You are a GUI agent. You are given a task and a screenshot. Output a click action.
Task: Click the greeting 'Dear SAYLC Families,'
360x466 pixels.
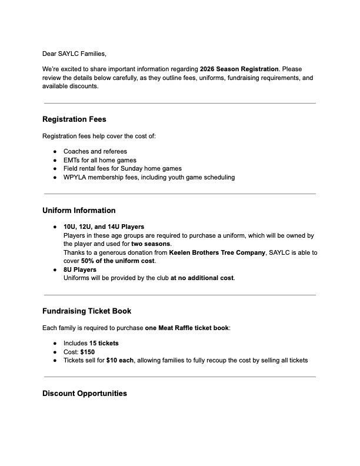click(x=74, y=54)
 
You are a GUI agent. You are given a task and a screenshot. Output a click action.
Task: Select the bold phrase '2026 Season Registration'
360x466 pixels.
click(x=239, y=69)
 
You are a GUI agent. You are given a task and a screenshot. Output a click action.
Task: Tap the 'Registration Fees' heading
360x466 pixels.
click(x=74, y=119)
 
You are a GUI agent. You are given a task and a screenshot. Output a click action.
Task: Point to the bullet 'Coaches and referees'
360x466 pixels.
click(x=95, y=151)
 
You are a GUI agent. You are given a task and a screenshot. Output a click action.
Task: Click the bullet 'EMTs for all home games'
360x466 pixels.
click(x=99, y=160)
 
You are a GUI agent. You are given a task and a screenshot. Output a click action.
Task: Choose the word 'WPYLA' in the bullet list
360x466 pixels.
click(x=74, y=177)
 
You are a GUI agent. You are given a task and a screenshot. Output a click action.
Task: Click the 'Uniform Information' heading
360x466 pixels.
click(x=79, y=211)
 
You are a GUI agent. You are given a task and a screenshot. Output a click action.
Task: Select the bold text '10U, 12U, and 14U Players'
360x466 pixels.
click(x=104, y=227)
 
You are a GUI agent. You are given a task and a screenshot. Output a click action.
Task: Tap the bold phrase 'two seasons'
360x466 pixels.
click(x=151, y=244)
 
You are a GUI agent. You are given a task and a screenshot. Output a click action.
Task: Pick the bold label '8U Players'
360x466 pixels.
click(x=80, y=269)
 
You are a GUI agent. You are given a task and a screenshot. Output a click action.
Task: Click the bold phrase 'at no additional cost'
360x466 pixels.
click(x=202, y=278)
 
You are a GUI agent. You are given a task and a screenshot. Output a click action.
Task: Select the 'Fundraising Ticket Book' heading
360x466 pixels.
click(x=86, y=311)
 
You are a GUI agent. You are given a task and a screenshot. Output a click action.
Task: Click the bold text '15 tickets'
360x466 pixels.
click(x=104, y=343)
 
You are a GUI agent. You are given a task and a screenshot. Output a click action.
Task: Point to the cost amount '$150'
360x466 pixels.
click(x=87, y=352)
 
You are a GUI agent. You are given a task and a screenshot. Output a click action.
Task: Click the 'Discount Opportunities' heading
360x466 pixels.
click(x=84, y=394)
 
